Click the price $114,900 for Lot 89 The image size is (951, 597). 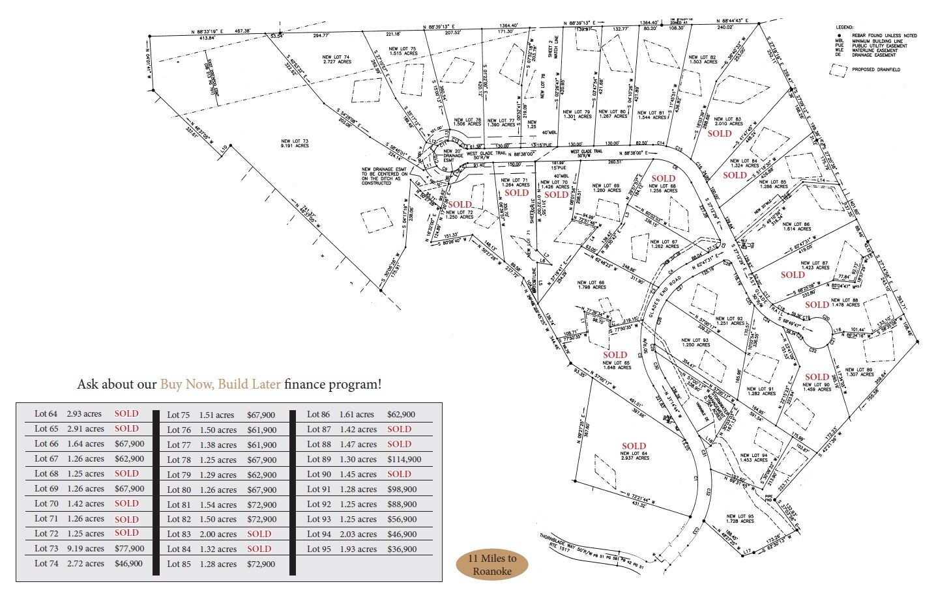coord(404,460)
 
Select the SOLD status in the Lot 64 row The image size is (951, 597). coord(126,413)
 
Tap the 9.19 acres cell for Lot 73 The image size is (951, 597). coord(85,549)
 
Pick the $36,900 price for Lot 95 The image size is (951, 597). coord(402,549)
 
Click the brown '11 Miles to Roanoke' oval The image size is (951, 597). coord(491,565)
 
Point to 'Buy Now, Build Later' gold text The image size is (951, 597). coord(220,384)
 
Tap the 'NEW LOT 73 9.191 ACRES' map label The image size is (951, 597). coord(295,143)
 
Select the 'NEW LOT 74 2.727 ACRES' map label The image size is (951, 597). coord(336,59)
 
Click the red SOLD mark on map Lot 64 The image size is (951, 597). coord(634,447)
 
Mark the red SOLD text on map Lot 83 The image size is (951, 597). coord(720,133)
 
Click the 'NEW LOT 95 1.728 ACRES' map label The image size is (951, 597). coord(740,519)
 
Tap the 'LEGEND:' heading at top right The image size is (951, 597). coord(845,27)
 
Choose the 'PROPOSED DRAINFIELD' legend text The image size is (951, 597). coord(876,70)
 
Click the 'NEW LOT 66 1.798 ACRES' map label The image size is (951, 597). coord(591,285)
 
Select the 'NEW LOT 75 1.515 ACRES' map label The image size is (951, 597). coord(402,51)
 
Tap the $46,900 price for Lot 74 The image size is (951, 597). coord(129,564)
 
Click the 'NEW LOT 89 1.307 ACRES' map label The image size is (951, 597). coord(859,372)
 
